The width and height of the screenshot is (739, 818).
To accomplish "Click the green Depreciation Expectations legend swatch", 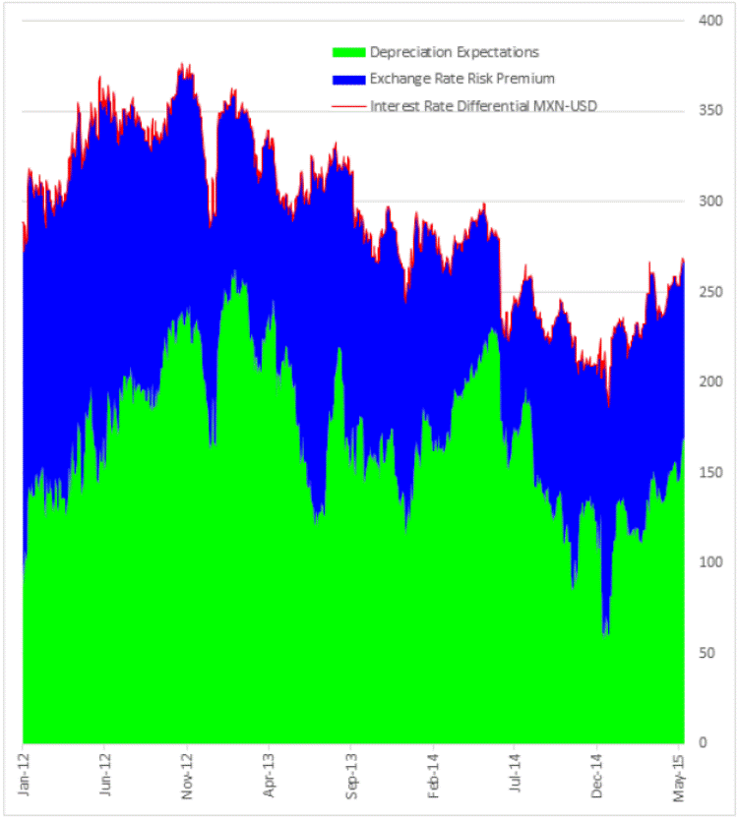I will (x=349, y=52).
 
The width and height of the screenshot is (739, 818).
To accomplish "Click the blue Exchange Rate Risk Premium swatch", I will (x=349, y=78).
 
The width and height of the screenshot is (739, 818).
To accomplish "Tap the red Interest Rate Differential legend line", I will (x=349, y=104).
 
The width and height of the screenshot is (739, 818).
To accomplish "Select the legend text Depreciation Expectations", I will (x=454, y=52).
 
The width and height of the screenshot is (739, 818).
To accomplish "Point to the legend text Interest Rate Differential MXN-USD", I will (x=483, y=104).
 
